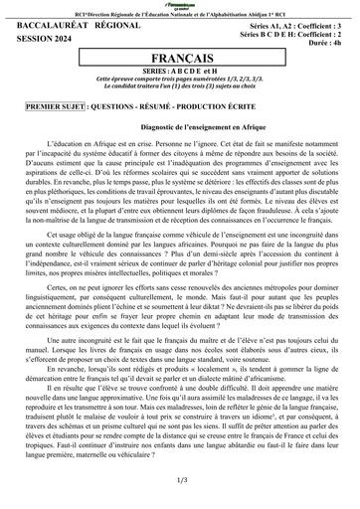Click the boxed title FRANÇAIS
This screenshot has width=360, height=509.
180,60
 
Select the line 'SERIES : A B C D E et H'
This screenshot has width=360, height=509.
180,74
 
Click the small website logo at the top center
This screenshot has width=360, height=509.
181,5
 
